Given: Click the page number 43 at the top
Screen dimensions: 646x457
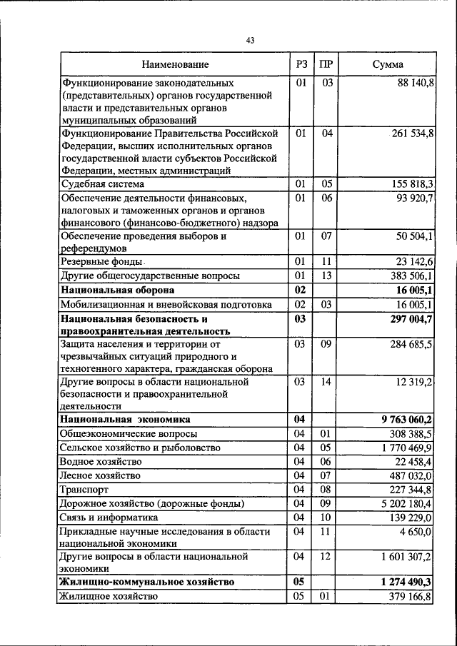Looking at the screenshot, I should (250, 41).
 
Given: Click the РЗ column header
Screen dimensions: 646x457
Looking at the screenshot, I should (301, 65).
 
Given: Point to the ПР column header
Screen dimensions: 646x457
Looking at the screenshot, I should (326, 65).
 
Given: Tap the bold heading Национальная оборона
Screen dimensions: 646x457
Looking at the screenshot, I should (118, 291).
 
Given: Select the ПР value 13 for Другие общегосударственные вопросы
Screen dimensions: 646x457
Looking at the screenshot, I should (326, 276).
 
